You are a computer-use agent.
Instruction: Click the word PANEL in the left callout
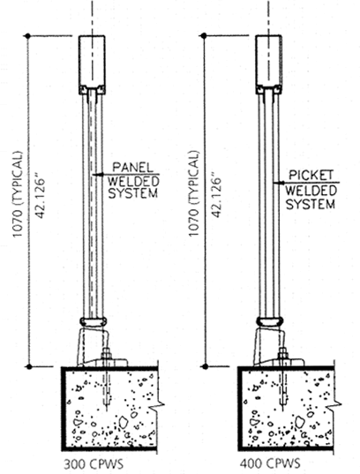132,167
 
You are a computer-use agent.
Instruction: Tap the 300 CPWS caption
94,464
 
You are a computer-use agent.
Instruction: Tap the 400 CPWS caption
270,463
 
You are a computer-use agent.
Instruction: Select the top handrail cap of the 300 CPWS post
92,65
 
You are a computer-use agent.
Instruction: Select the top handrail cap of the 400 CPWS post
269,64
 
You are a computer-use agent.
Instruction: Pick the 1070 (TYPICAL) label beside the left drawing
18,194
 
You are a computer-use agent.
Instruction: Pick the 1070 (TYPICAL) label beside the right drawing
194,193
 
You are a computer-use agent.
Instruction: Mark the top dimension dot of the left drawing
28,36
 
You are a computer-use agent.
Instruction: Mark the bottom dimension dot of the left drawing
29,366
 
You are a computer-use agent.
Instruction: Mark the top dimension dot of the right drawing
204,35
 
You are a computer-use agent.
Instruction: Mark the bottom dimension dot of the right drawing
206,366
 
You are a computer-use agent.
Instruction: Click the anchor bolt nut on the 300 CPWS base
106,353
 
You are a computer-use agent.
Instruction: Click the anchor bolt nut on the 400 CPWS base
282,353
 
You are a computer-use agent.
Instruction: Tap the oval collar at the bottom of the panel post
93,321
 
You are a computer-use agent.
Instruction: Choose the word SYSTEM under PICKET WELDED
311,204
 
